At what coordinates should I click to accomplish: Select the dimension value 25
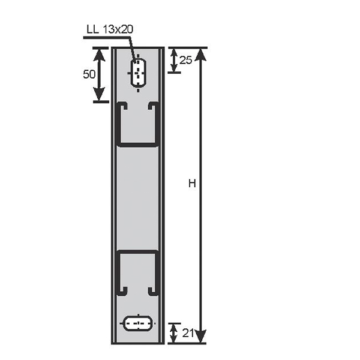[185, 60]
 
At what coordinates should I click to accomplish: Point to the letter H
[192, 184]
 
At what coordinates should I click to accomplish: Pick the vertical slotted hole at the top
[139, 73]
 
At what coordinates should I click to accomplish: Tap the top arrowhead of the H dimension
[201, 54]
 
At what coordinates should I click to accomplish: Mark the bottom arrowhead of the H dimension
[201, 337]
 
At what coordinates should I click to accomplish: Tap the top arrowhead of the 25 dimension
[173, 52]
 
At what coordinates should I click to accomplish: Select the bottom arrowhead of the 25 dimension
[173, 68]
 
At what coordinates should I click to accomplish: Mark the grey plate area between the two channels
[137, 198]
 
